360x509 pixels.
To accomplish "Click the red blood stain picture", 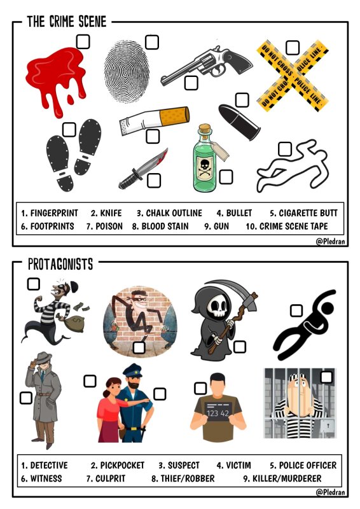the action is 57,78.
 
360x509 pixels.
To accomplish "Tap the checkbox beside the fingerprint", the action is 151,42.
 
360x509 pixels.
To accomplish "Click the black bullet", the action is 240,122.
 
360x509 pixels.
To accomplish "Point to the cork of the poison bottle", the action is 205,129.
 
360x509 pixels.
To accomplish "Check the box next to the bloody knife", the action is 154,181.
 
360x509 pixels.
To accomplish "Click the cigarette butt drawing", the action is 155,120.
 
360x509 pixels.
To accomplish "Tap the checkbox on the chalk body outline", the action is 285,149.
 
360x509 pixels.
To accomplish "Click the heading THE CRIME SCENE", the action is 67,22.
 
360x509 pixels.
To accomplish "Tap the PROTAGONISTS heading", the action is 60,264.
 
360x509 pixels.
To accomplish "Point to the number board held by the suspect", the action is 219,411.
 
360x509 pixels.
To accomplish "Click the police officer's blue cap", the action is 132,370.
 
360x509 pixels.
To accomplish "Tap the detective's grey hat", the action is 43,358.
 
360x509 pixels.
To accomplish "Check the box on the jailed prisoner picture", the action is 326,377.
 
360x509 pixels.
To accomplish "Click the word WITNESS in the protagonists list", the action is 46,478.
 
